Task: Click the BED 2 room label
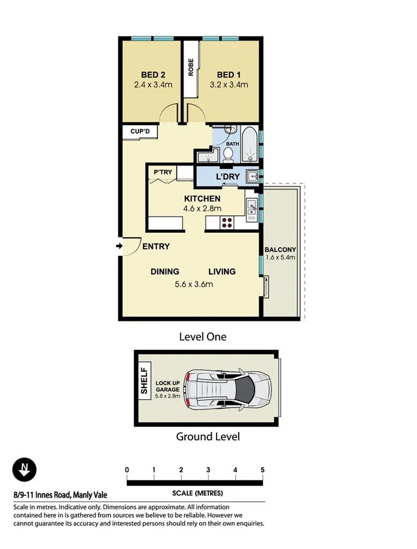tap(153, 75)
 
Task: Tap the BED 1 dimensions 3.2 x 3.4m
tap(229, 85)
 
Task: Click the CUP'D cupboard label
tap(140, 132)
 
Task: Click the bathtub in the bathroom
tap(251, 144)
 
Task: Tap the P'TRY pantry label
tap(162, 172)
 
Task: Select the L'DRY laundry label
tap(227, 177)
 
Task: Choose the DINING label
tap(165, 271)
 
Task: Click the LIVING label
tap(222, 271)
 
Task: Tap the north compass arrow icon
tap(25, 470)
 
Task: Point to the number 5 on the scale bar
tap(262, 470)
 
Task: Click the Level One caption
tap(203, 337)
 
